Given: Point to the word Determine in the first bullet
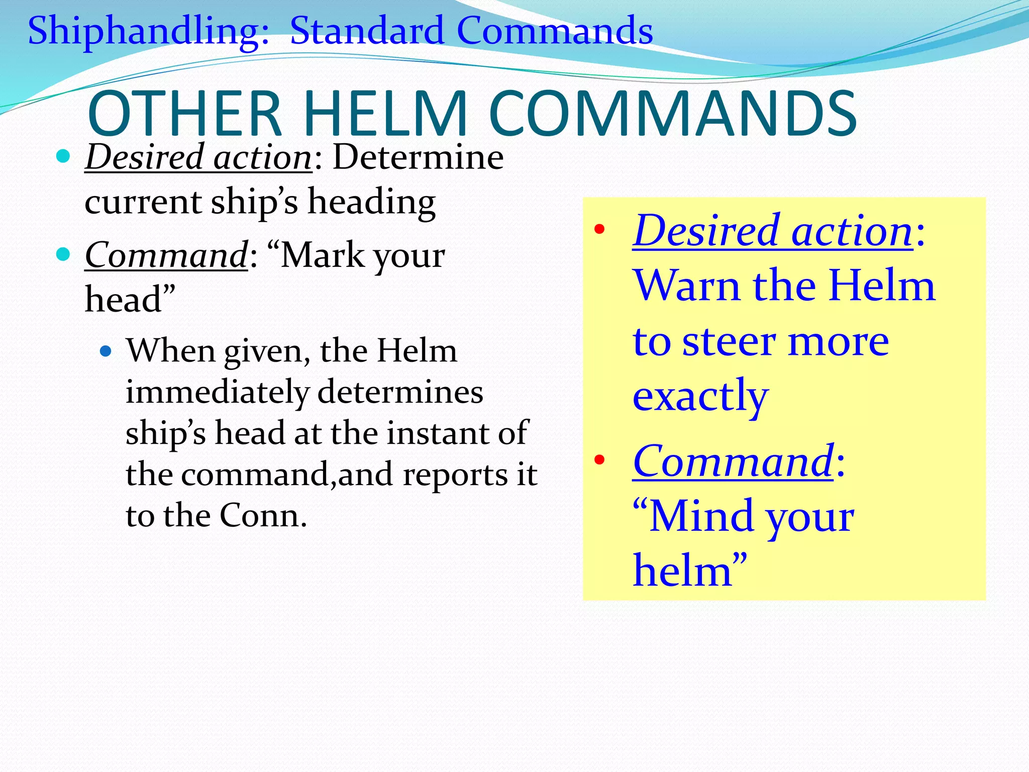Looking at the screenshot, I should [x=418, y=157].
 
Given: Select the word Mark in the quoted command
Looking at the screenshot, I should [x=322, y=255].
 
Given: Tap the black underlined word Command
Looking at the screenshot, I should [x=166, y=255].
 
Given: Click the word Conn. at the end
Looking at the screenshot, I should [x=263, y=516].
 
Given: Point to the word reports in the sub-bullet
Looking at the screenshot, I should [x=455, y=474].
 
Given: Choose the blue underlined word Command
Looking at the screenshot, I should [x=733, y=461].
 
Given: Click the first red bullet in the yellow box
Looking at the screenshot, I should [x=599, y=230].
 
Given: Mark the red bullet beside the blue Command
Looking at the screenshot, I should [x=599, y=460].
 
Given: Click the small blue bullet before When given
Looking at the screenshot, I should [x=105, y=351].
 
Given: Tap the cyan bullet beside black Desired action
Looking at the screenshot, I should [x=63, y=157].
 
